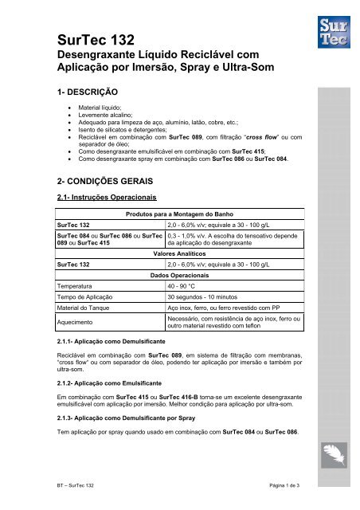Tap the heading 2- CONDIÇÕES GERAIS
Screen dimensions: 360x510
(x=99, y=180)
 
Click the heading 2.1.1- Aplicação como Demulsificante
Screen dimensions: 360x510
(x=112, y=340)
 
